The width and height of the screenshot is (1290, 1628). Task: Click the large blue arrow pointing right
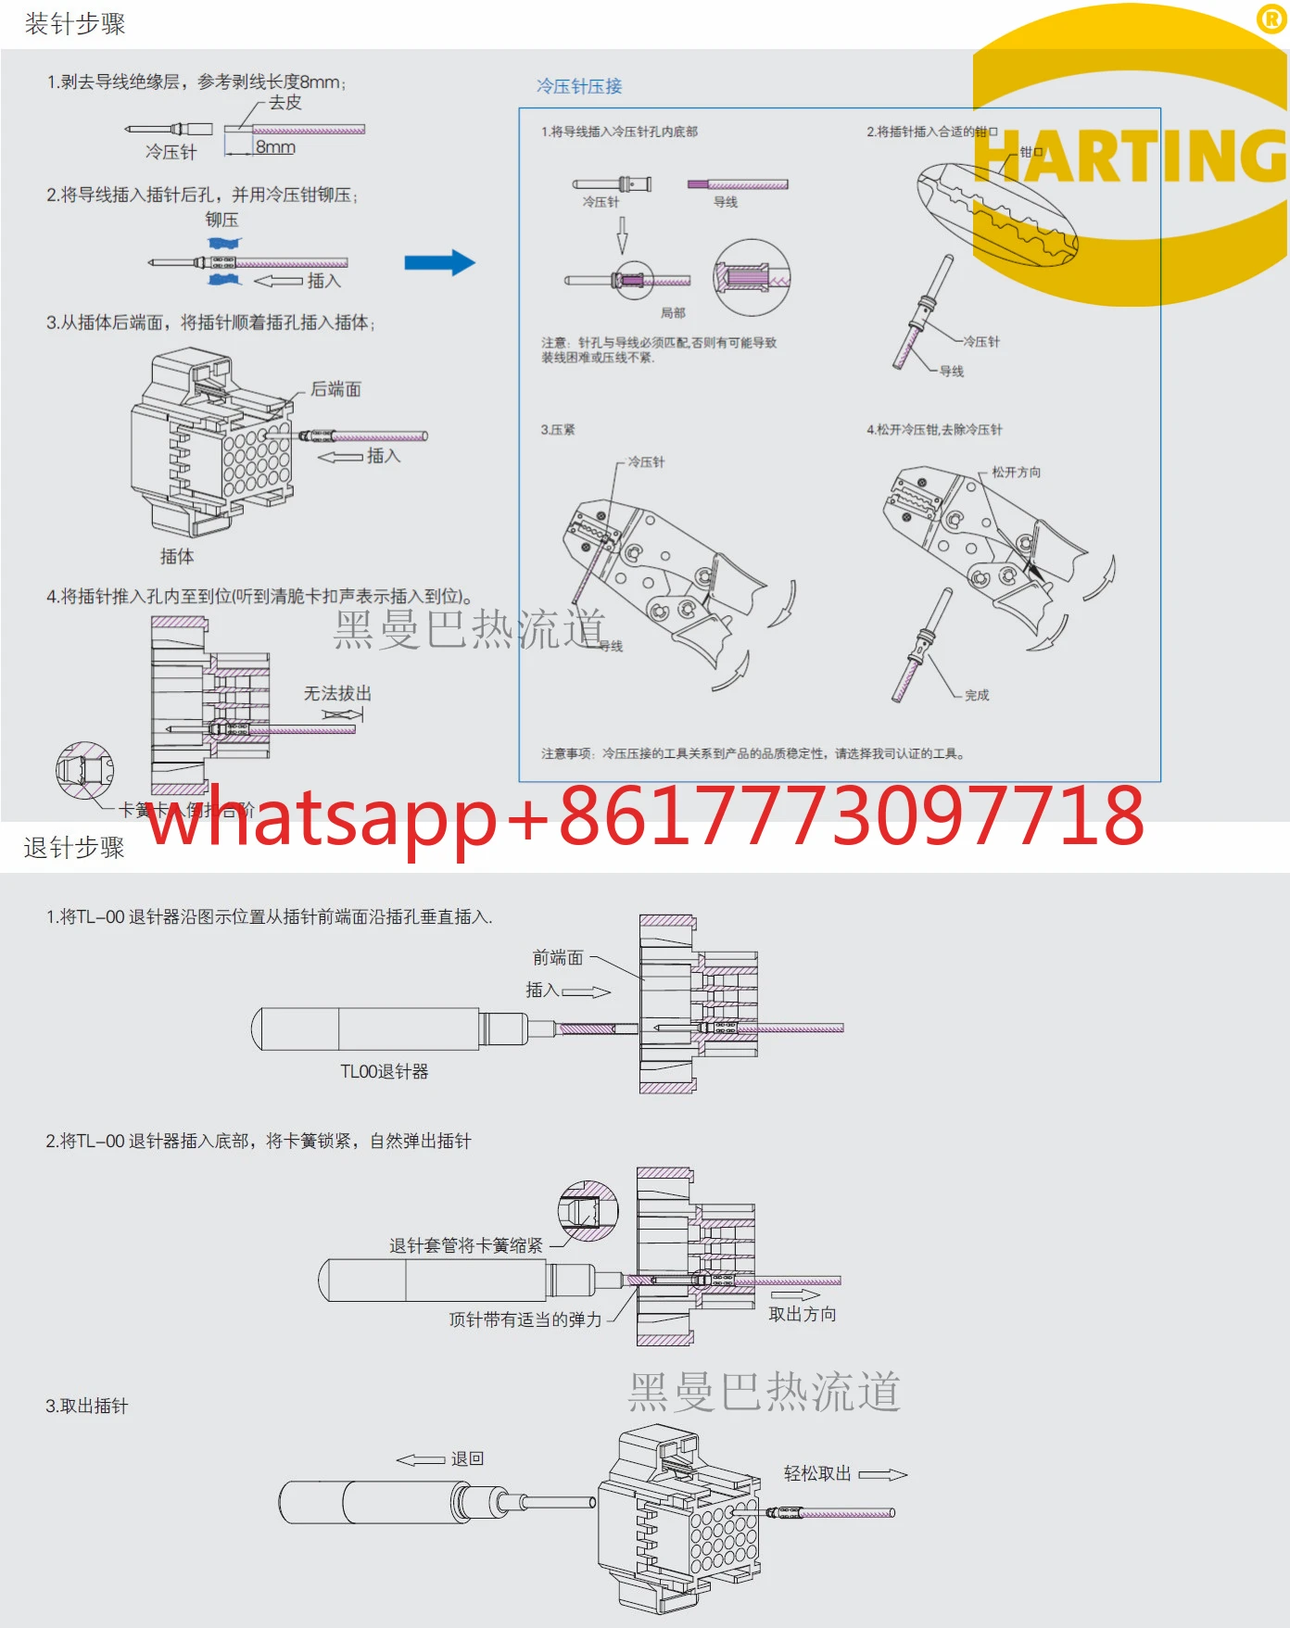click(439, 262)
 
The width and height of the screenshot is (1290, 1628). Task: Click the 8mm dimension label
click(275, 147)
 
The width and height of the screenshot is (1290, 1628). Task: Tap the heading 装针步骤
click(75, 24)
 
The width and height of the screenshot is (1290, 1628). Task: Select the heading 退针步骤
click(74, 847)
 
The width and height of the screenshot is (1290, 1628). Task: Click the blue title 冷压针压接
click(579, 86)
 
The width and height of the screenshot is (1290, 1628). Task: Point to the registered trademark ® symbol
click(1271, 19)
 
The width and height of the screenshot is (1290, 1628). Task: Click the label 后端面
click(335, 389)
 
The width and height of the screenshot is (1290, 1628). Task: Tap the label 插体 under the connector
click(177, 556)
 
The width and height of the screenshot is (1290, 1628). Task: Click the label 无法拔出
click(337, 693)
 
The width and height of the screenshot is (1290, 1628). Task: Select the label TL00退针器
click(384, 1071)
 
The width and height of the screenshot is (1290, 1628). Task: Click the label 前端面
click(558, 957)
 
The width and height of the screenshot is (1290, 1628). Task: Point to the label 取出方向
click(803, 1314)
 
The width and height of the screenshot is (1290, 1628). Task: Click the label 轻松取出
click(817, 1473)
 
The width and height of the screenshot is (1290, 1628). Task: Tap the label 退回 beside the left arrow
click(467, 1458)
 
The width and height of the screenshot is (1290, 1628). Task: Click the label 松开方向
click(1016, 472)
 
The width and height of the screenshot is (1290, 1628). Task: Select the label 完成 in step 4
click(977, 695)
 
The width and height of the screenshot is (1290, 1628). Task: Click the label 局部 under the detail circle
click(673, 313)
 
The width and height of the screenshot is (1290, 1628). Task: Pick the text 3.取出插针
click(87, 1406)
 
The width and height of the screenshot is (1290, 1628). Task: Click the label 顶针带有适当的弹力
click(525, 1319)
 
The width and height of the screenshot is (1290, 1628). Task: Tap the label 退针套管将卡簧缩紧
click(466, 1245)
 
